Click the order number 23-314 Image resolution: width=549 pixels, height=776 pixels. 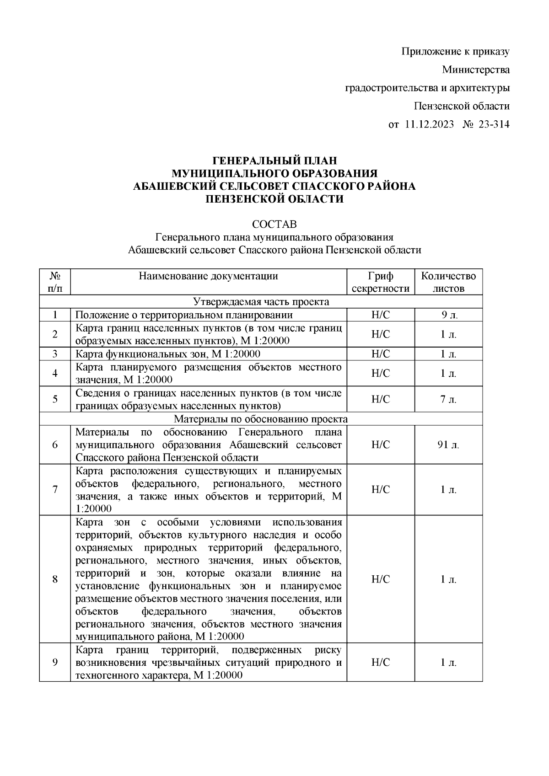(x=494, y=124)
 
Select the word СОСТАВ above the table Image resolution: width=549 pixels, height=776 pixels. (x=274, y=225)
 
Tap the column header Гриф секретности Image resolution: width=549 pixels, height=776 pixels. (x=381, y=282)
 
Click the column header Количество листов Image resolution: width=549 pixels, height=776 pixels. (x=448, y=282)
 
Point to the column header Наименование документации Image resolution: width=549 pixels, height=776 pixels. (x=209, y=276)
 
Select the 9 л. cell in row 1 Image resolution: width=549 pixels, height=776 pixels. (x=448, y=315)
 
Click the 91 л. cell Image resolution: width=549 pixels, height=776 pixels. (x=448, y=445)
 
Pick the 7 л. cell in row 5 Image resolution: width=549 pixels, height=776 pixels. (x=448, y=399)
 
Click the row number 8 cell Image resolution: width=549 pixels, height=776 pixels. (x=55, y=579)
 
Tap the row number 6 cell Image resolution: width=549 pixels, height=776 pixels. (x=55, y=445)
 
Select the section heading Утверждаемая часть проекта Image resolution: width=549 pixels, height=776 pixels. (x=261, y=302)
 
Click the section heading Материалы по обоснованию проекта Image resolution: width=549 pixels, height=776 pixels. (x=261, y=419)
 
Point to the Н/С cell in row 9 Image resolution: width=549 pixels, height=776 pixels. (x=381, y=663)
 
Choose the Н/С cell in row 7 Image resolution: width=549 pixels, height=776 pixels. (x=381, y=490)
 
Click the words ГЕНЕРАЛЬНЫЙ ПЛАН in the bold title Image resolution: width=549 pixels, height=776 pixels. (x=274, y=161)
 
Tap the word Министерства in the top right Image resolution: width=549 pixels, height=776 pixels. (x=476, y=70)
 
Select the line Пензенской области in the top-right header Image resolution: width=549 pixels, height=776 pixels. (x=462, y=106)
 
